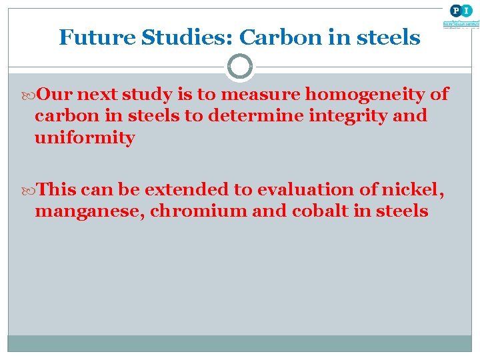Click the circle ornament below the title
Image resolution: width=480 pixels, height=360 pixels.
240,67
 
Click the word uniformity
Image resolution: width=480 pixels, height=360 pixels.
85,138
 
